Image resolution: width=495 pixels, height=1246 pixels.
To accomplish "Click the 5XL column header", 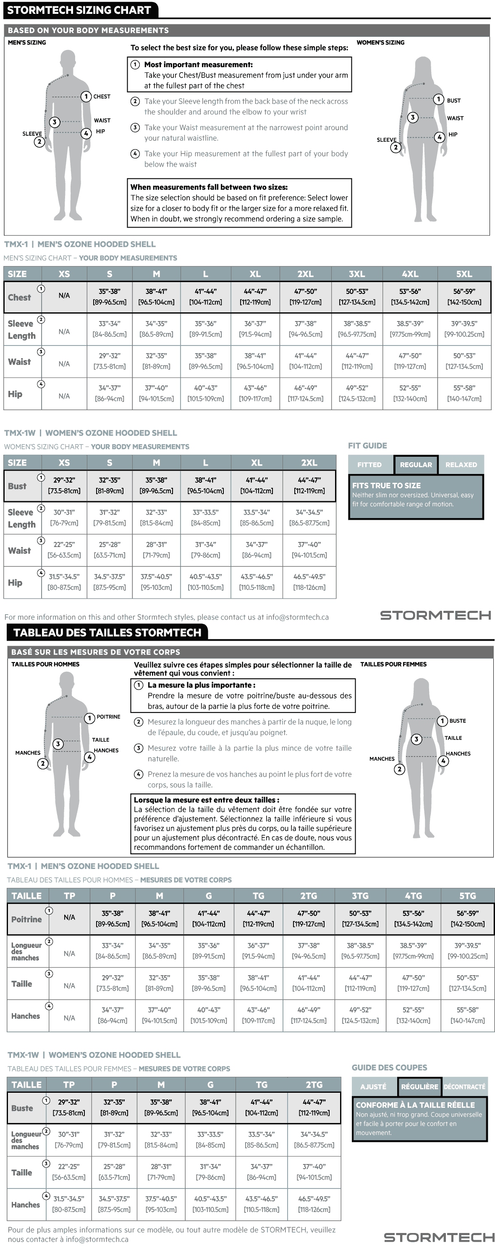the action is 464,274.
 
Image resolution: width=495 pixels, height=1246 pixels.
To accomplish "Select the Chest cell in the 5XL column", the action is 464,297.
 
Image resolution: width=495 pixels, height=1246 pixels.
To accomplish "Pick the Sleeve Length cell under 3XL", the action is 356,329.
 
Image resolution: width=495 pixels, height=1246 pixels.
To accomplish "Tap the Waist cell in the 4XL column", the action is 410,361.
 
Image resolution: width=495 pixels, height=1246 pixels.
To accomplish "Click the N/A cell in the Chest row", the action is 64,296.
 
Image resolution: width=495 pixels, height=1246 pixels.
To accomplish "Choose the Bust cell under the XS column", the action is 64,486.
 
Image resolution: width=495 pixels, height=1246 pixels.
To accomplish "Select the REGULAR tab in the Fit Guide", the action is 416,465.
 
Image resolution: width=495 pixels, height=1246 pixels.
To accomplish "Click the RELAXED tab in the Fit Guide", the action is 461,465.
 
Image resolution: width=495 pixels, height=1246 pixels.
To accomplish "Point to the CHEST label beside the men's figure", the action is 102,97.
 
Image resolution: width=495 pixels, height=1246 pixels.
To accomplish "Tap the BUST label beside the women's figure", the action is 454,101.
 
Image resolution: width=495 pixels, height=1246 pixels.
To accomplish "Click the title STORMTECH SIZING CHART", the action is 79,10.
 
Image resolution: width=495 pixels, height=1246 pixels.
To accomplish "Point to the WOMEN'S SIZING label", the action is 380,42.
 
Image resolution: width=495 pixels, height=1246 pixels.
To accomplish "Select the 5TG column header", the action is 467,896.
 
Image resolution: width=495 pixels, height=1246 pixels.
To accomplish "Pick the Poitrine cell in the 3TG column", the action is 359,919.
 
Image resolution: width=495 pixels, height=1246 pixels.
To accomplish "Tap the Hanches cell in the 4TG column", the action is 413,1015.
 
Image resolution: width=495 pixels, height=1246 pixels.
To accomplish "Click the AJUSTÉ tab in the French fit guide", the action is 373,1086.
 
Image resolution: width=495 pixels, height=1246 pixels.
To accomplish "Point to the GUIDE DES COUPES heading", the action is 389,1068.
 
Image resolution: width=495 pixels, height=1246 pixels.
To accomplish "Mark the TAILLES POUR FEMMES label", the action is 393,664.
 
